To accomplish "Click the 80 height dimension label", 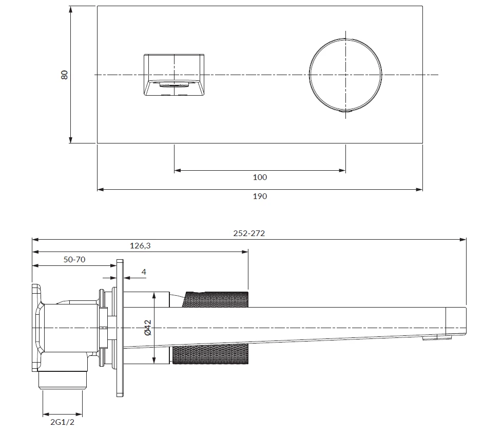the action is pos(65,75).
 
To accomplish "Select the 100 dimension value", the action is pos(260,177).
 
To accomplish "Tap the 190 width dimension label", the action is pos(260,196).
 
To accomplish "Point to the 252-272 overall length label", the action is pos(249,233).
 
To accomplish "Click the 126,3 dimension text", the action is pos(140,245).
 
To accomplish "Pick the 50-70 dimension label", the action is pos(74,259).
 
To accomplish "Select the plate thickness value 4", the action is pos(144,272).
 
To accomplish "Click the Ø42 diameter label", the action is pos(148,328).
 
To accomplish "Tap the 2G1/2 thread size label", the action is pos(62,422).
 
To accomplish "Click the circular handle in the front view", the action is pos(345,75).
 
